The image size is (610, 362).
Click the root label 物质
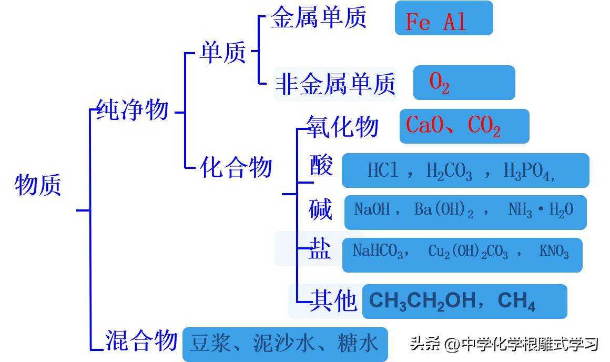pyautogui.click(x=38, y=185)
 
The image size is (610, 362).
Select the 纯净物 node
pyautogui.click(x=132, y=109)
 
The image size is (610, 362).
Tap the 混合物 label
pyautogui.click(x=141, y=340)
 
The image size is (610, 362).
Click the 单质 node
pyautogui.click(x=223, y=53)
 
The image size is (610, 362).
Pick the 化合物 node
pyautogui.click(x=236, y=167)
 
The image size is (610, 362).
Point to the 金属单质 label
pyautogui.click(x=318, y=18)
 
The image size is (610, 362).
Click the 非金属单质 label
pyautogui.click(x=335, y=84)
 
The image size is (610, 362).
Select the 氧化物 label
pyautogui.click(x=342, y=126)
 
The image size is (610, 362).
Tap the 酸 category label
pyautogui.click(x=321, y=166)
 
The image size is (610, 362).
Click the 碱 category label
pyautogui.click(x=321, y=209)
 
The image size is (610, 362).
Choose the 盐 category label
pyautogui.click(x=320, y=249)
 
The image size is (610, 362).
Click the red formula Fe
pyautogui.click(x=418, y=23)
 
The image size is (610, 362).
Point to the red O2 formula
pyautogui.click(x=439, y=83)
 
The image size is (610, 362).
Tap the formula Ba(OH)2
pyautogui.click(x=444, y=210)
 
